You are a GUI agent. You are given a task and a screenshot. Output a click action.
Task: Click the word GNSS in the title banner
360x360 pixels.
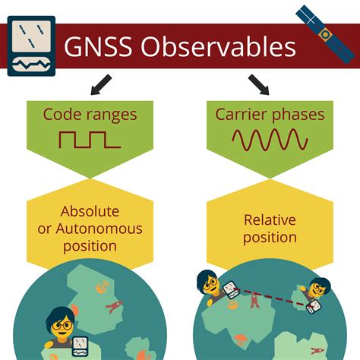coord(98,47)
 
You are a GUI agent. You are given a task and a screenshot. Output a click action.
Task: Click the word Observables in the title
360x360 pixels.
coord(218,46)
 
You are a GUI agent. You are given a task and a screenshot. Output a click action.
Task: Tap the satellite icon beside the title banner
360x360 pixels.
coord(325,34)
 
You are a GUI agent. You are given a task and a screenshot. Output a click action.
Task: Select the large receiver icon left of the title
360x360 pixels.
coord(31,46)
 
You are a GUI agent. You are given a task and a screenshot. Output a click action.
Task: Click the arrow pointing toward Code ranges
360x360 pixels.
coord(101,84)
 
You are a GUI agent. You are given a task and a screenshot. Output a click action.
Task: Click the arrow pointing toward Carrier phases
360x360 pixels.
coord(258,84)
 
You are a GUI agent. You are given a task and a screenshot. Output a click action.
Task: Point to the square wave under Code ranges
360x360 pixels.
coord(90,140)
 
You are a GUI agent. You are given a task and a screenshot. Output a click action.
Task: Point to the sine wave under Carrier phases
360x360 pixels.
coord(270,140)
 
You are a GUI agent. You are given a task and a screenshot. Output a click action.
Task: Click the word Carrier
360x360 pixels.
coord(241,115)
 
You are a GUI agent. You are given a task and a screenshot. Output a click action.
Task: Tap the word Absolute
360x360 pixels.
coord(90,211)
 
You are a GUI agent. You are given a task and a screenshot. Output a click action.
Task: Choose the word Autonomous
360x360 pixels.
coord(99,229)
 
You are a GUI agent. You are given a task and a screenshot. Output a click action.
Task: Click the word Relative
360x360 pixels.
coord(270,219)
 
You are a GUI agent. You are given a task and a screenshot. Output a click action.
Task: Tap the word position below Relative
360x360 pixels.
coord(270,238)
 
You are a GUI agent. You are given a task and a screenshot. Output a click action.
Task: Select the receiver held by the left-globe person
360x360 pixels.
coord(81,346)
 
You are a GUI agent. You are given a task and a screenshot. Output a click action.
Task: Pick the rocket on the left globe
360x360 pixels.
coord(114,306)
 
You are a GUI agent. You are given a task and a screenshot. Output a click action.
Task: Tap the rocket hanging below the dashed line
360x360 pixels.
coord(254,301)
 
